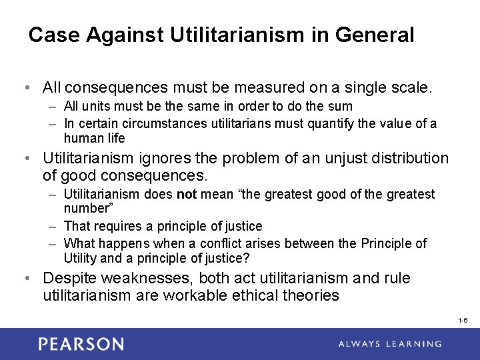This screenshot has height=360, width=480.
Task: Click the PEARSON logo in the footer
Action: (81, 344)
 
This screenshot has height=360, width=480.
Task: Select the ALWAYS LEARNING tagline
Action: (390, 344)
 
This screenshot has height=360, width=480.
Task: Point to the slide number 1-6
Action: (463, 321)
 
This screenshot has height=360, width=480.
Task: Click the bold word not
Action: (185, 194)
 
